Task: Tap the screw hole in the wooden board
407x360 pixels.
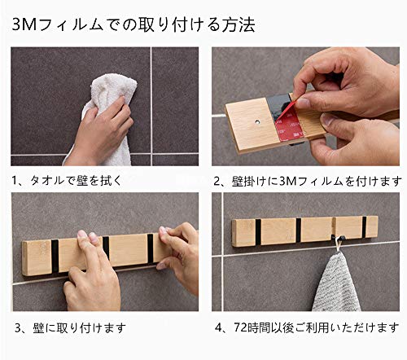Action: [x=256, y=122]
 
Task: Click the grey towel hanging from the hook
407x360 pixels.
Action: [x=336, y=283]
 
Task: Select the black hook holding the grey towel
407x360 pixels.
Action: [x=338, y=238]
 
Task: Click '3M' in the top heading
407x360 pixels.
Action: [x=24, y=25]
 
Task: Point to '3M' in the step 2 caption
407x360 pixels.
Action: [x=287, y=181]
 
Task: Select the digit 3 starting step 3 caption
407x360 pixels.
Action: [x=18, y=328]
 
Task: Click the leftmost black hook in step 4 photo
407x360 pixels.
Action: [x=258, y=231]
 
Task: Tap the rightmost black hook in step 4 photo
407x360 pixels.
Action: [x=364, y=227]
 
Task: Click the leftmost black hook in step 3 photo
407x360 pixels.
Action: [x=55, y=256]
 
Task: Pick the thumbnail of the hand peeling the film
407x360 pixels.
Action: [x=305, y=107]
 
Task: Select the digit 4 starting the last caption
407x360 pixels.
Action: [x=218, y=328]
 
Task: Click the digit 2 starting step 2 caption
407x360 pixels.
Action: [x=217, y=182]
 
